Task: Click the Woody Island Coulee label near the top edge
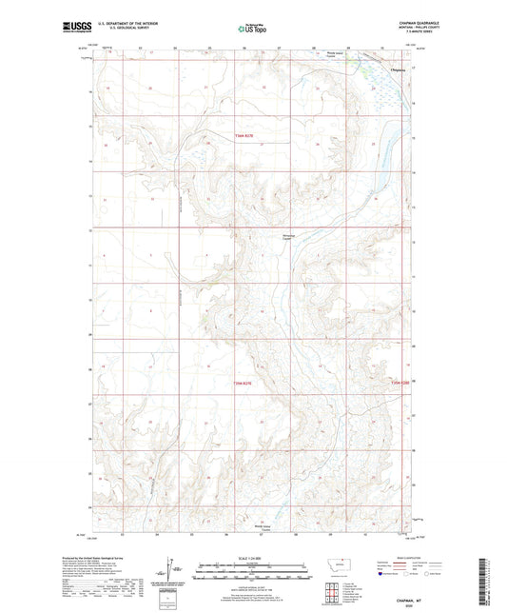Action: click(337, 54)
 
